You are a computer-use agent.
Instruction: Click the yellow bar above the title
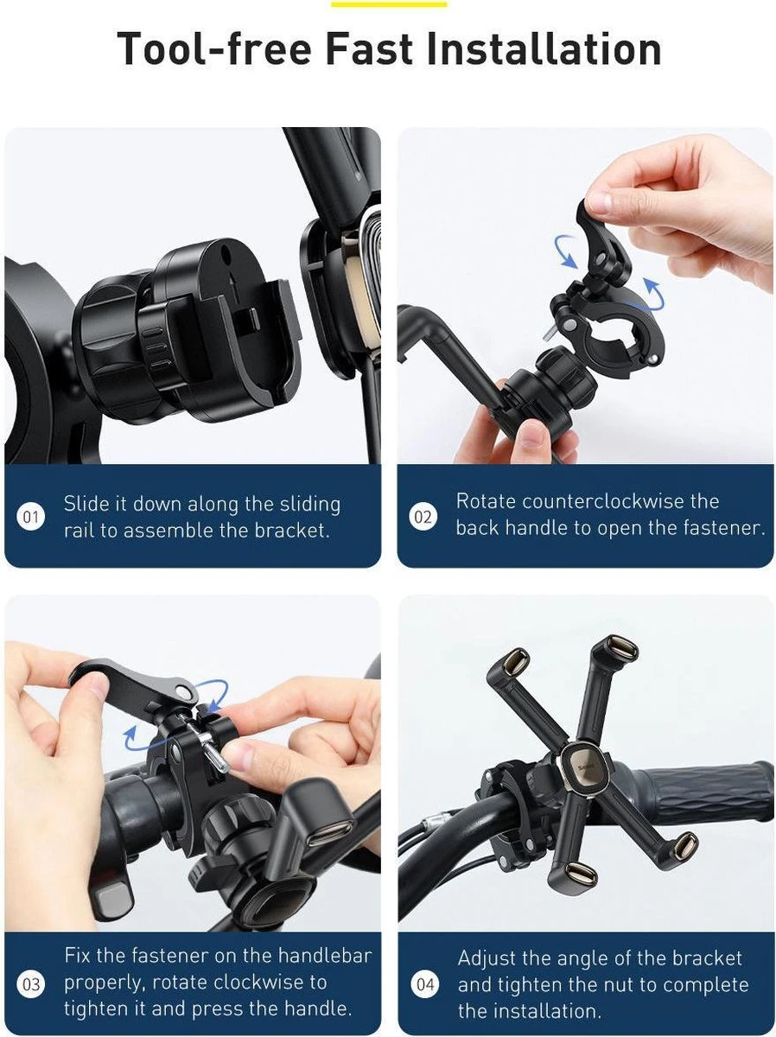(x=388, y=3)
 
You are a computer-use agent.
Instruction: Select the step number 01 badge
(x=31, y=518)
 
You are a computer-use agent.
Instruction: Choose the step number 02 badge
(x=423, y=518)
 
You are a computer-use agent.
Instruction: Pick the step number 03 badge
(x=31, y=985)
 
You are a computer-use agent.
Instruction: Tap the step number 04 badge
(x=425, y=985)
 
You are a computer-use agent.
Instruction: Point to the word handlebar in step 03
(x=324, y=956)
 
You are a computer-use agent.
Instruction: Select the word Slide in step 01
(x=85, y=504)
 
